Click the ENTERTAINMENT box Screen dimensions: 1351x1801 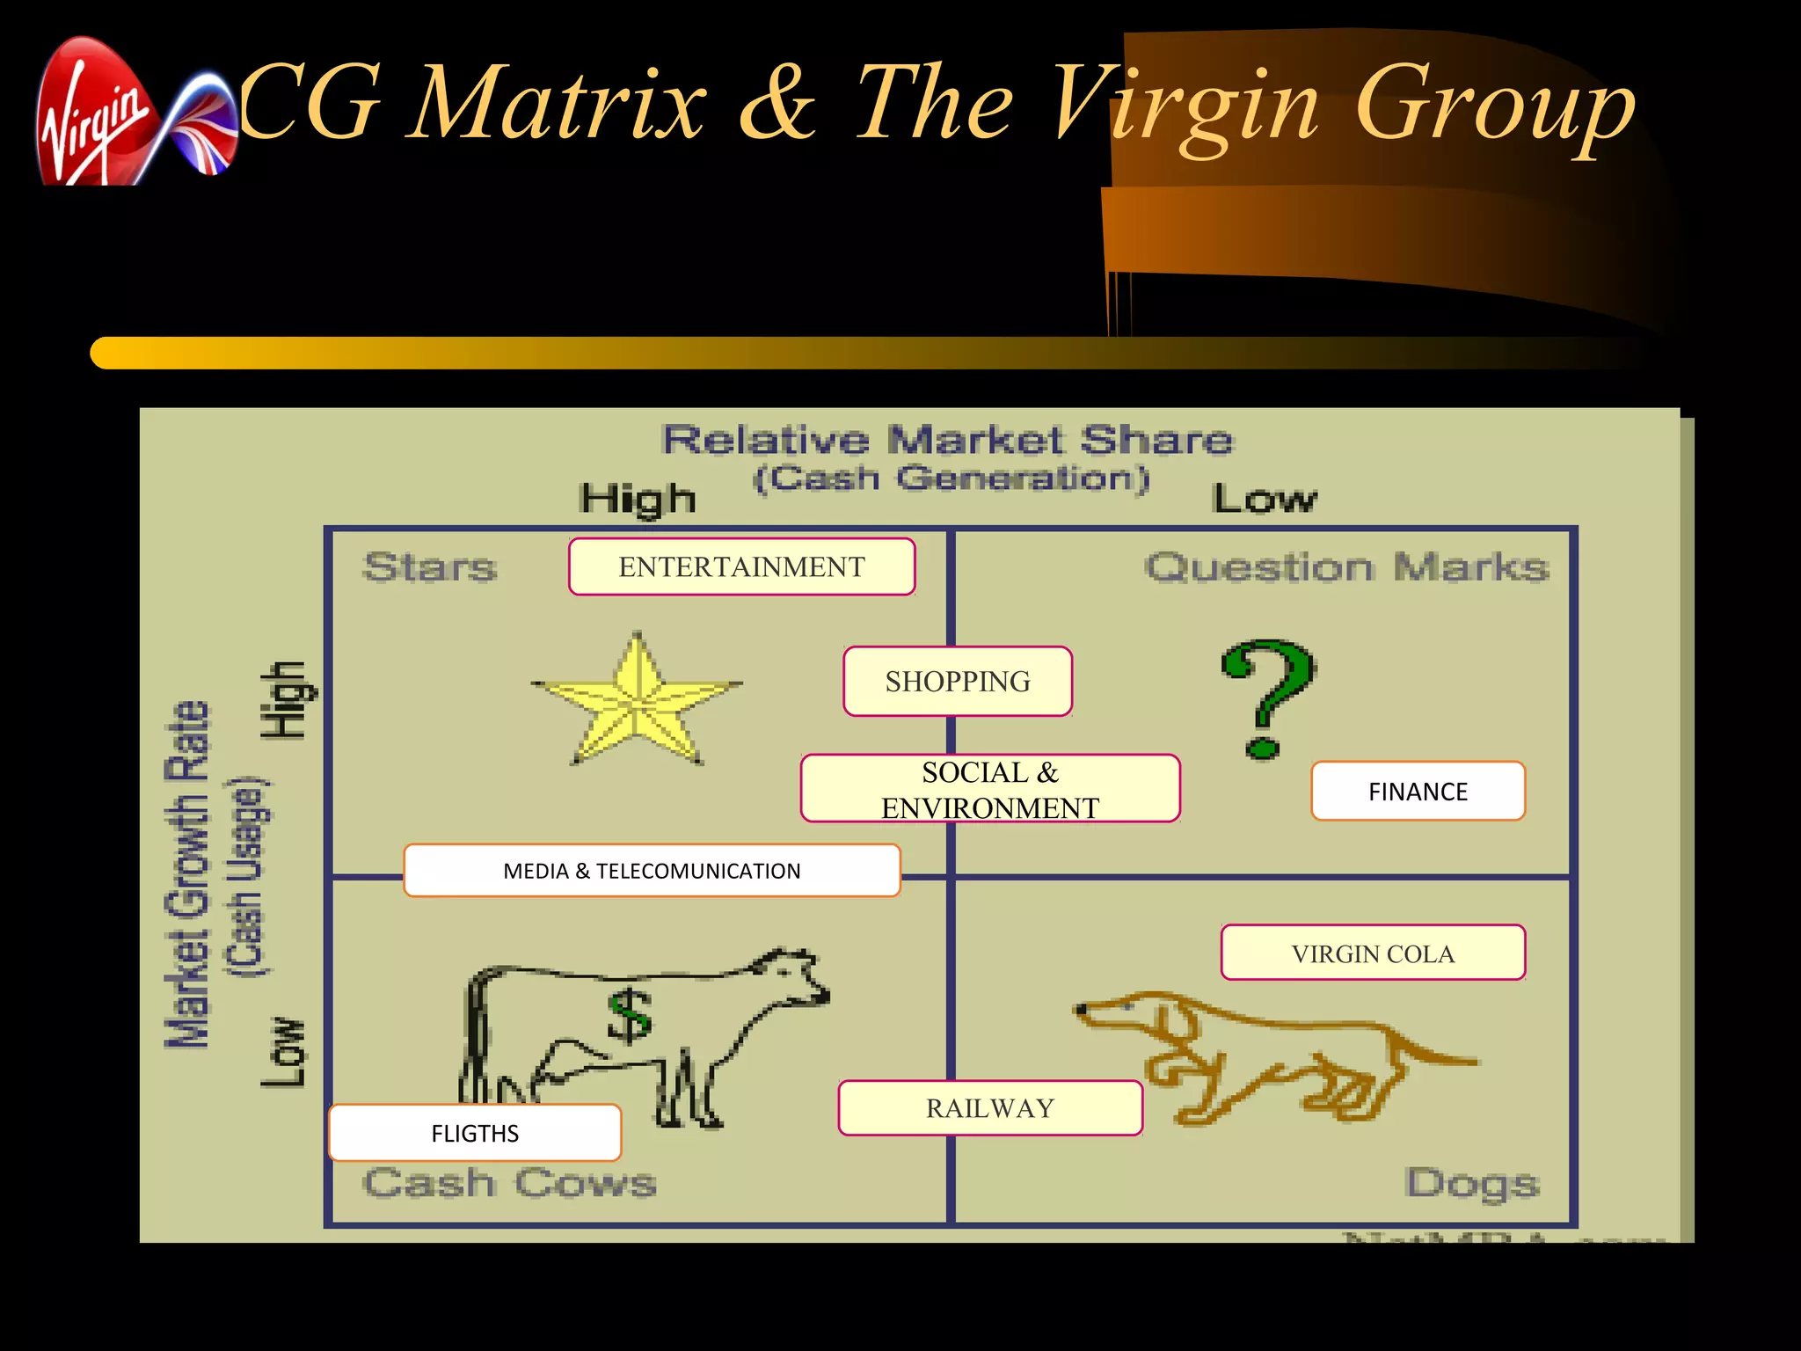[741, 567]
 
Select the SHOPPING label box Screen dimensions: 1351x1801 [958, 682]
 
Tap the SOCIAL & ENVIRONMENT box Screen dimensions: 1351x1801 [990, 789]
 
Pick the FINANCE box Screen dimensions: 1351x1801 [1418, 792]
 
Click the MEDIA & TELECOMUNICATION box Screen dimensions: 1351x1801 [652, 871]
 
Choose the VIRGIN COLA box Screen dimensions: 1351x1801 [1373, 953]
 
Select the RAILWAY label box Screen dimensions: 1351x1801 [990, 1108]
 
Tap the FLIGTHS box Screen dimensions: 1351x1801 [475, 1133]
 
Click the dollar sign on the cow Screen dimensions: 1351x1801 [630, 1015]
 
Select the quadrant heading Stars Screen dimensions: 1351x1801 [429, 567]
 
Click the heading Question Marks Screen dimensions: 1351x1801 [1346, 567]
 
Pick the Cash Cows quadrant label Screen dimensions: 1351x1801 [509, 1183]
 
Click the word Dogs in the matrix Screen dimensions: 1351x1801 [1472, 1184]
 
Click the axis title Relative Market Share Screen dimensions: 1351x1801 [947, 440]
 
